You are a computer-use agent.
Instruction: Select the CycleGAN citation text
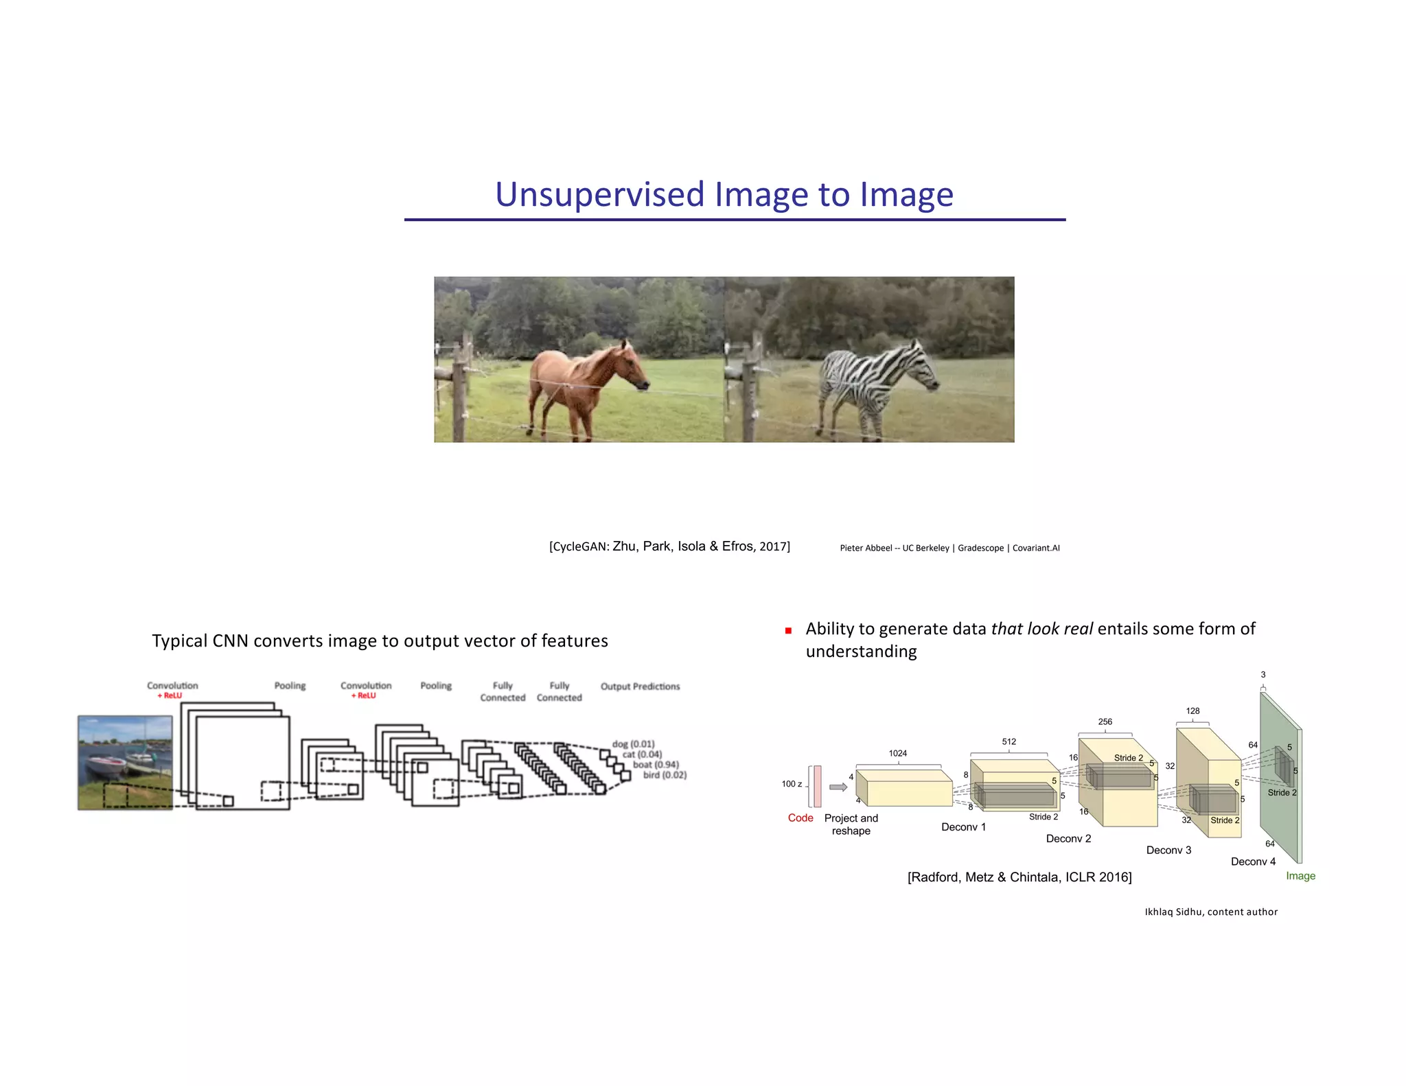pos(669,546)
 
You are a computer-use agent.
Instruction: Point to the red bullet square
pos(789,630)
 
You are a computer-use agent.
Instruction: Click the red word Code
pos(800,818)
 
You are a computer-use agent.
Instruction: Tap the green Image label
pos(1300,876)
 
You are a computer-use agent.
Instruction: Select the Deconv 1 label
pos(963,827)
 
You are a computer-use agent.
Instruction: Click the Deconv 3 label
pos(1168,851)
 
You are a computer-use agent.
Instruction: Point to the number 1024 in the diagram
pos(897,754)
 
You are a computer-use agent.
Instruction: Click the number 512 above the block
pos(1009,742)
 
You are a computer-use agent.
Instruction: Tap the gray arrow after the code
pos(838,787)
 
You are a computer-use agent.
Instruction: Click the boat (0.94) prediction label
pos(655,765)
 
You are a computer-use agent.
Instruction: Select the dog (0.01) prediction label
pos(633,744)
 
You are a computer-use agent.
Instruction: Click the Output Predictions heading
pos(640,686)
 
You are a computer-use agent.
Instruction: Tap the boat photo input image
pos(125,762)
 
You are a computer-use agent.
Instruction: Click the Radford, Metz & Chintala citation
pos(1019,877)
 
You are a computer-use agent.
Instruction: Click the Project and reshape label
pos(851,824)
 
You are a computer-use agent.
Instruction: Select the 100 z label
pos(792,784)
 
